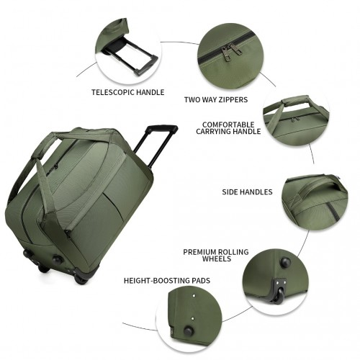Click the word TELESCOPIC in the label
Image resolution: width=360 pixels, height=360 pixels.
pyautogui.click(x=113, y=92)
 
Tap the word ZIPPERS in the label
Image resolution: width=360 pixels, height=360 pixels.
pyautogui.click(x=232, y=99)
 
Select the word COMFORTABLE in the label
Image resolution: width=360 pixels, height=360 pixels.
pyautogui.click(x=228, y=125)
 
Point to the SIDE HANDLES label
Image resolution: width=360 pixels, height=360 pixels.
pyautogui.click(x=247, y=192)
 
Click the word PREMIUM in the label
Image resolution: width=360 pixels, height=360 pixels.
pyautogui.click(x=199, y=252)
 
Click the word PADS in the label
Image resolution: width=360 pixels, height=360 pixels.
pyautogui.click(x=201, y=281)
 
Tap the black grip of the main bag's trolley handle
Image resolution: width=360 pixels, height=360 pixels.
pyautogui.click(x=162, y=128)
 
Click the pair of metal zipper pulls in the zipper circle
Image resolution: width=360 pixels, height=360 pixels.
pyautogui.click(x=230, y=52)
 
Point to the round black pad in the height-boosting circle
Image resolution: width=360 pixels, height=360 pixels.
pyautogui.click(x=189, y=331)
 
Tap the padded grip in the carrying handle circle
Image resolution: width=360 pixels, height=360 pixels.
pyautogui.click(x=297, y=99)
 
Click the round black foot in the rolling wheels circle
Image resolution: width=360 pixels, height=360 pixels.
pyautogui.click(x=286, y=262)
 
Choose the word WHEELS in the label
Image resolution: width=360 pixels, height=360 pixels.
pyautogui.click(x=217, y=258)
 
